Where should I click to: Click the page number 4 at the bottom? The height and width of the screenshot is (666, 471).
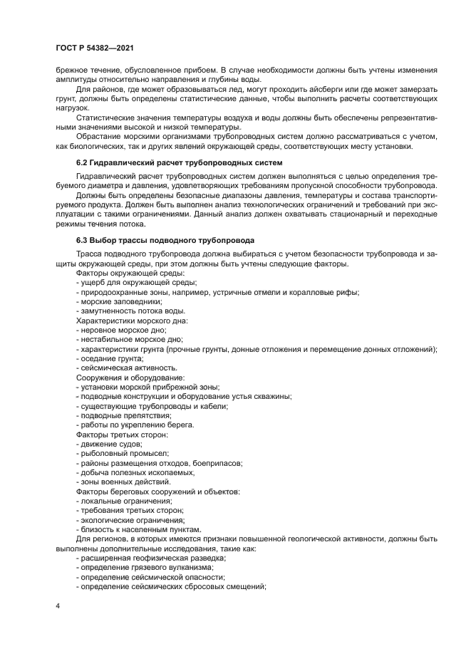pyautogui.click(x=58, y=605)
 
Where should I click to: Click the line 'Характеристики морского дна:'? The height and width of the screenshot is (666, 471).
pyautogui.click(x=132, y=321)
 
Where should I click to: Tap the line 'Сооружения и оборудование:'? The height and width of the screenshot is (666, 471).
pyautogui.click(x=130, y=377)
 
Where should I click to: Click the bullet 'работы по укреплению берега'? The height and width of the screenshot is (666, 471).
pyautogui.click(x=135, y=425)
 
